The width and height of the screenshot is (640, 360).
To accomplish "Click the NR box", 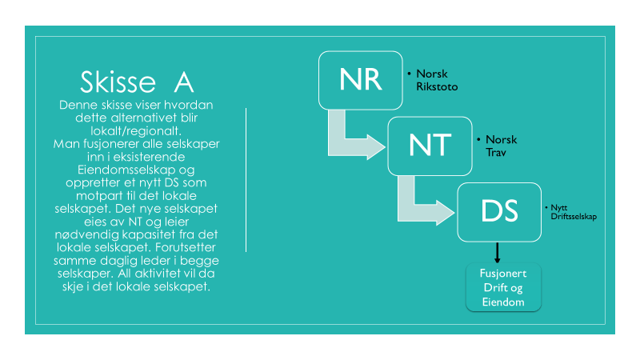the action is (361, 81).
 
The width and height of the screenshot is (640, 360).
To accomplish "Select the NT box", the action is (430, 146).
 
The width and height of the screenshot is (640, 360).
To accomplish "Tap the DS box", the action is (499, 212).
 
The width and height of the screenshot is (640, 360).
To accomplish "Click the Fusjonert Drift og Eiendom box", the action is (503, 287).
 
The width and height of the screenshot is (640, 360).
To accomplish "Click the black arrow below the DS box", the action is (497, 253).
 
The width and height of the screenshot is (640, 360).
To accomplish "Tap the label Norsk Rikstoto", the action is (437, 80).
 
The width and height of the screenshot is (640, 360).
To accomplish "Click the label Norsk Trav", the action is (502, 146).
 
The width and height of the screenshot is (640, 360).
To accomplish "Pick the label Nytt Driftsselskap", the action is (574, 212).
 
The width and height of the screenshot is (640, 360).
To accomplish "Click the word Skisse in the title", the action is (118, 82).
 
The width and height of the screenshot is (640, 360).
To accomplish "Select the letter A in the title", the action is (184, 83).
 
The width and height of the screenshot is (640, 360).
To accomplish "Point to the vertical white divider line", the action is (246, 180).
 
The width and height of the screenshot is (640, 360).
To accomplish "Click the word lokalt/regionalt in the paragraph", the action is (136, 130).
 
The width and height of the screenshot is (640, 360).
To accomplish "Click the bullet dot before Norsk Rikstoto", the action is (409, 74).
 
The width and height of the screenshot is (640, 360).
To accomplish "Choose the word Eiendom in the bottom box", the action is (503, 302).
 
